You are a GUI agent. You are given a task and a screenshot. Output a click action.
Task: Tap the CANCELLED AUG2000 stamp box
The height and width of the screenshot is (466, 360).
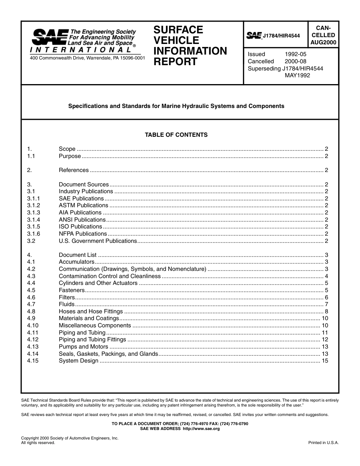323,35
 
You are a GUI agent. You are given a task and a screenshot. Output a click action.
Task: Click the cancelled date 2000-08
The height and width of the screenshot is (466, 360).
296,61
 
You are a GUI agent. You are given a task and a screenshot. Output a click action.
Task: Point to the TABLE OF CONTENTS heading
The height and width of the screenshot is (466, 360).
176,134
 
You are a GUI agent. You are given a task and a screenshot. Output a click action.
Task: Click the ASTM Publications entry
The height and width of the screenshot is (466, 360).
83,205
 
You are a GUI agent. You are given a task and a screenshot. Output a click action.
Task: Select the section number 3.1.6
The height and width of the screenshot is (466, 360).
34,234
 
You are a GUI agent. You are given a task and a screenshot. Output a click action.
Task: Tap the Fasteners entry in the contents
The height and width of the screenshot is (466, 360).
72,290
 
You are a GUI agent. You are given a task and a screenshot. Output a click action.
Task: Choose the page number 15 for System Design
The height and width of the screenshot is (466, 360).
325,361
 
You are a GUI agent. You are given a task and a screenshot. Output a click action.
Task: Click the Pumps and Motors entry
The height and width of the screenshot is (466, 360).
83,347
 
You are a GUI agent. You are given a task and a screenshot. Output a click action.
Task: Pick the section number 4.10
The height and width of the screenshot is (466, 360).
33,325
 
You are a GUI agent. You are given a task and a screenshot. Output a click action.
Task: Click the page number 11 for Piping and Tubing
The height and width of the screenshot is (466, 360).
325,333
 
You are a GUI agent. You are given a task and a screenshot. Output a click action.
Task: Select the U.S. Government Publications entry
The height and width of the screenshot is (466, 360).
98,241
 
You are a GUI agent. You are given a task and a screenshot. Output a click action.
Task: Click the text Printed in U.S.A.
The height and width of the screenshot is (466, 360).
323,443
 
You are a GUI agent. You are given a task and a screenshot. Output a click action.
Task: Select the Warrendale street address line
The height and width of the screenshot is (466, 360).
87,58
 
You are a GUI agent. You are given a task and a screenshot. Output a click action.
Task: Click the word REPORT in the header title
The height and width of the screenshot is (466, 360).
175,62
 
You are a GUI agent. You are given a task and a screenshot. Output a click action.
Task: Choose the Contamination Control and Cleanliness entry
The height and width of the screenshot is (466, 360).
110,276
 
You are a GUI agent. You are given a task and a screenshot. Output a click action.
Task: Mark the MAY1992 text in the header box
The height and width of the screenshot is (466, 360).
297,75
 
